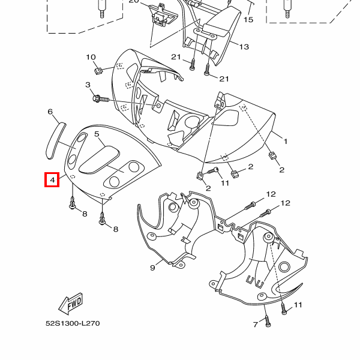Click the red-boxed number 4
[52, 179]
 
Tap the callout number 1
[286, 142]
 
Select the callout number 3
[88, 85]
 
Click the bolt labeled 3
[100, 97]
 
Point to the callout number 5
[97, 136]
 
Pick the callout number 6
[50, 112]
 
